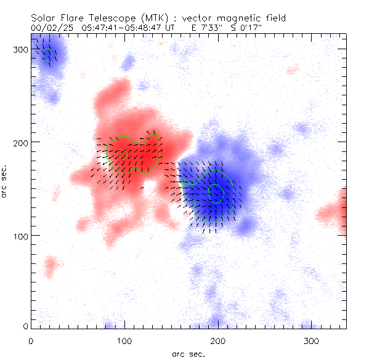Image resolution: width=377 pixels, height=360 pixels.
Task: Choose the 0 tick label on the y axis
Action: pos(25,326)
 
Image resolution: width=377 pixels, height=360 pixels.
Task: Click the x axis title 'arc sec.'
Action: pos(188,353)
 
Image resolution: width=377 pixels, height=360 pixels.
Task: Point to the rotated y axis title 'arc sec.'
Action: pos(5,181)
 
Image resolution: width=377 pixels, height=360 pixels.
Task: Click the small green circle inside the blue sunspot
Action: pos(216,193)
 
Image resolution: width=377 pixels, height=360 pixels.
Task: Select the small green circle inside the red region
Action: pos(123,154)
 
